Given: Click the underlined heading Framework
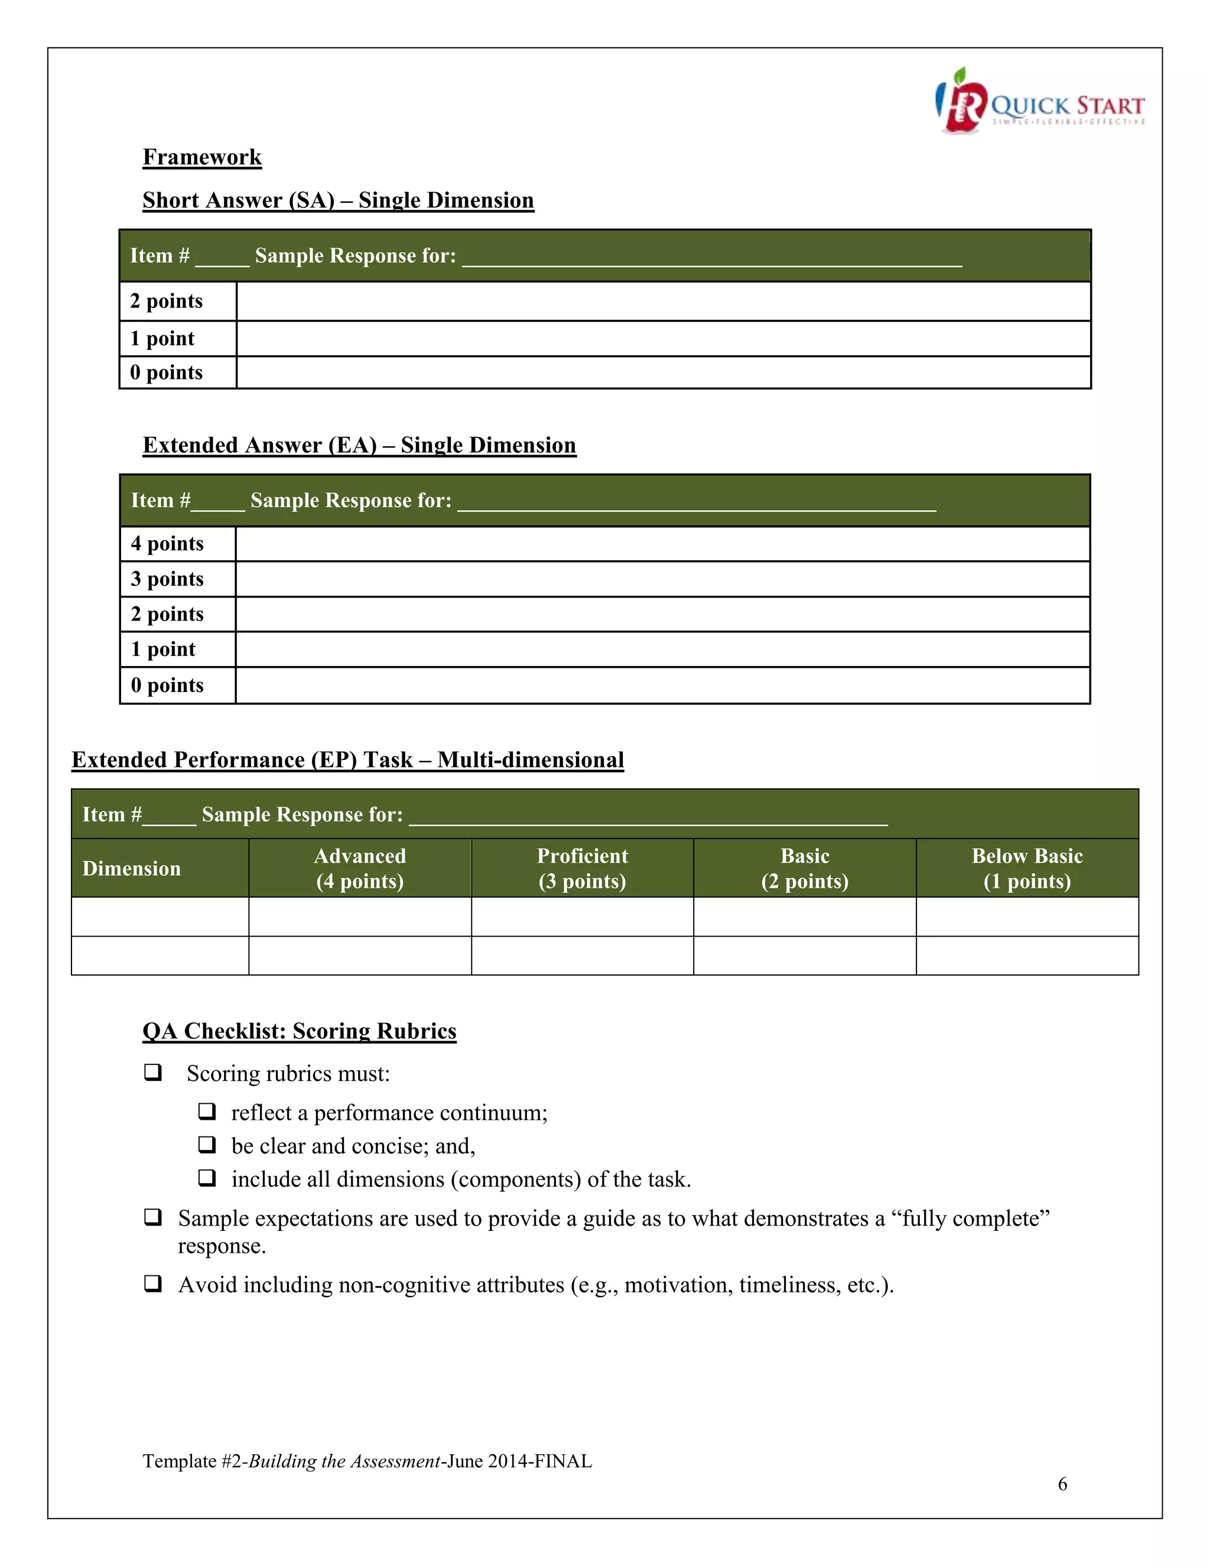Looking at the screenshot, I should (202, 157).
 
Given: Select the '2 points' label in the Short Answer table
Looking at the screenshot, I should (166, 301).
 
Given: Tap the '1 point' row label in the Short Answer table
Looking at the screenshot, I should (162, 339).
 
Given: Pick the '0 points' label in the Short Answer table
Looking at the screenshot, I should (166, 373).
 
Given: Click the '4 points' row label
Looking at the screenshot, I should (167, 544).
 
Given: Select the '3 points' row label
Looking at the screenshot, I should (167, 579).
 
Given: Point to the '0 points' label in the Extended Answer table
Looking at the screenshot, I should (167, 685).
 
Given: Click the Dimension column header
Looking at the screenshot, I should (132, 868).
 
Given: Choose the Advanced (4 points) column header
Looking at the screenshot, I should (360, 868).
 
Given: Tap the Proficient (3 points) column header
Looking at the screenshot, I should (582, 868).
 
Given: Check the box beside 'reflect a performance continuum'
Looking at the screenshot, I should (207, 1112).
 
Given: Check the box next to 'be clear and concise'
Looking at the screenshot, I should (207, 1145).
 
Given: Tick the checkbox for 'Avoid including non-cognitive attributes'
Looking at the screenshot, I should (152, 1284).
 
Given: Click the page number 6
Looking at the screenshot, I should (1062, 1483).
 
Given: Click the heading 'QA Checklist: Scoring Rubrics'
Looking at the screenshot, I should (299, 1031).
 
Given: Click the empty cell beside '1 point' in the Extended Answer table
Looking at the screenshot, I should (662, 649).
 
